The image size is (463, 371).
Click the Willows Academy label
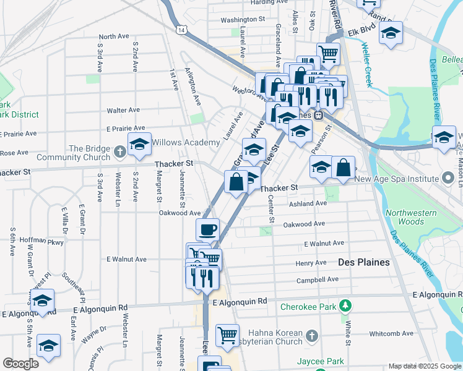coord(186,143)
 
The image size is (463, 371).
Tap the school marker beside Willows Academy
coord(140,145)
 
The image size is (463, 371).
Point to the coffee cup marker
coord(207,230)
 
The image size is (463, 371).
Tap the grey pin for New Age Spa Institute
coord(449,179)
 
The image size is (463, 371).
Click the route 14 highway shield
coord(180,30)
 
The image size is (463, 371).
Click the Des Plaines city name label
coord(364,262)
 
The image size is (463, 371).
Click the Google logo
coord(20,364)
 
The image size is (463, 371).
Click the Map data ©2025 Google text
coord(424,366)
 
